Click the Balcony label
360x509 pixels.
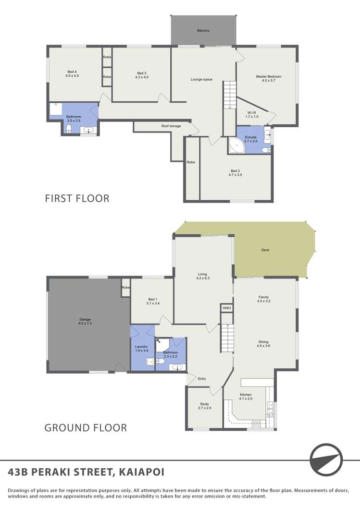tap(203, 31)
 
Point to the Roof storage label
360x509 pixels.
tap(171, 126)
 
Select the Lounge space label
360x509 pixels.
tap(201, 79)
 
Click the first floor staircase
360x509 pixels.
tap(229, 95)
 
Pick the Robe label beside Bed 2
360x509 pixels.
tap(191, 162)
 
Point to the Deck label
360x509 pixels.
tap(265, 250)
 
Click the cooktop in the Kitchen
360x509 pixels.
tap(256, 424)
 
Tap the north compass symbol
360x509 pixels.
tap(326, 460)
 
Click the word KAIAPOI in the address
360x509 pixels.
tap(142, 472)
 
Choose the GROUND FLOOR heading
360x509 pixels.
tap(86, 428)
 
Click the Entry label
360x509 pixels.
tap(202, 378)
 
